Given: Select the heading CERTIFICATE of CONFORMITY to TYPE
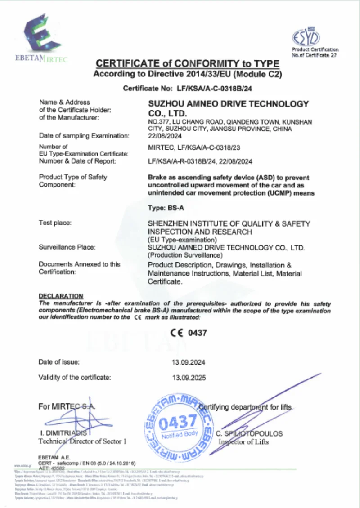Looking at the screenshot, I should (188, 64).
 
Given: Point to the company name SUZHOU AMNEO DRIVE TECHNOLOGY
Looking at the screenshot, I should (229, 104).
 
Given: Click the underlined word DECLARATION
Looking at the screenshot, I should (61, 296).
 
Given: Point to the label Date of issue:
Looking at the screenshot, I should (59, 362).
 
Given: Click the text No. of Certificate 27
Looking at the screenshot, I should (315, 55).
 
